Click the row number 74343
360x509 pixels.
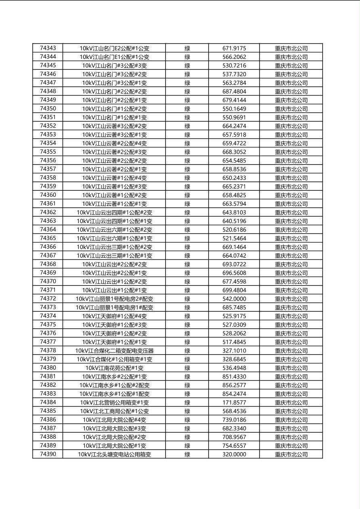pyautogui.click(x=48, y=48)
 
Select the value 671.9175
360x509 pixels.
pyautogui.click(x=234, y=48)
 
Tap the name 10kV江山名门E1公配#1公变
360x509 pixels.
pyautogui.click(x=114, y=57)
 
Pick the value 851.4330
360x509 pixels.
pyautogui.click(x=234, y=377)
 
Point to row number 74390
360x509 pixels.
pyautogui.click(x=48, y=454)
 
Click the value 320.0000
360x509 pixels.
pyautogui.click(x=234, y=455)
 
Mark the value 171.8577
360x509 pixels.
pyautogui.click(x=234, y=403)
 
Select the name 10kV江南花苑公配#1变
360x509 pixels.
pyautogui.click(x=114, y=368)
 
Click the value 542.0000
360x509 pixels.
pyautogui.click(x=234, y=299)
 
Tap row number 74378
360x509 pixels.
pyautogui.click(x=48, y=350)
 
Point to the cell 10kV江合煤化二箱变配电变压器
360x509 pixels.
pyautogui.click(x=114, y=351)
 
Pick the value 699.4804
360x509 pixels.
pyautogui.click(x=234, y=290)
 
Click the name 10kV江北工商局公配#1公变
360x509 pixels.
pyautogui.click(x=114, y=411)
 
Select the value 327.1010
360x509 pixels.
pyautogui.click(x=234, y=351)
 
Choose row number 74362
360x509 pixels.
pyautogui.click(x=48, y=212)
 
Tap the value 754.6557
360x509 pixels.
pyautogui.click(x=234, y=446)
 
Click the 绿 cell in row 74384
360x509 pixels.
pyautogui.click(x=187, y=403)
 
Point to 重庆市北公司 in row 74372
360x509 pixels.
pyautogui.click(x=291, y=299)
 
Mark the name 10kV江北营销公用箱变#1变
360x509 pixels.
pyautogui.click(x=114, y=403)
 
